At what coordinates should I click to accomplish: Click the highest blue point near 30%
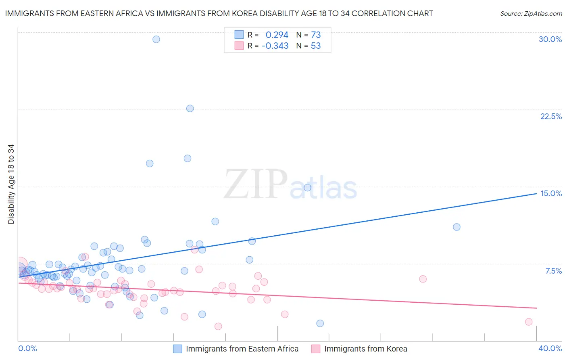(156, 39)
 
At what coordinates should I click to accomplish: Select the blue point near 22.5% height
(190, 109)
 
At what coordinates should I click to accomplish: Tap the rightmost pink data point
(529, 322)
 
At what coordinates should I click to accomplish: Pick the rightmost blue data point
(457, 227)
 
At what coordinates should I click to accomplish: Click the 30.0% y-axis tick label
(550, 39)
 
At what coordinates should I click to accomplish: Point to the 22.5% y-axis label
(551, 116)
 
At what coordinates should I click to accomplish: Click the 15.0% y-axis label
(551, 193)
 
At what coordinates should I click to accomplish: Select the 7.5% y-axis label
(553, 271)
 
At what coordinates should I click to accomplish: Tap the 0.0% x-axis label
(27, 348)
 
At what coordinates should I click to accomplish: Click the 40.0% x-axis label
(550, 348)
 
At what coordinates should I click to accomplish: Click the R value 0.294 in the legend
(277, 35)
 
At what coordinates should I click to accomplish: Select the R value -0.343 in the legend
(275, 46)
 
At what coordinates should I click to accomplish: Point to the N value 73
(316, 35)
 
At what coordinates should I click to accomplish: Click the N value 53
(316, 46)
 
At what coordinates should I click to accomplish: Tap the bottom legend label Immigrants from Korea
(365, 349)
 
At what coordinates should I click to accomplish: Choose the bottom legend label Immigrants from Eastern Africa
(242, 349)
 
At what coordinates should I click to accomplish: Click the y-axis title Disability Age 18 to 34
(11, 184)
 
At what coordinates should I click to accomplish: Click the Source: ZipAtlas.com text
(531, 14)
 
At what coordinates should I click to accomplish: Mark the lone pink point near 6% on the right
(423, 279)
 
